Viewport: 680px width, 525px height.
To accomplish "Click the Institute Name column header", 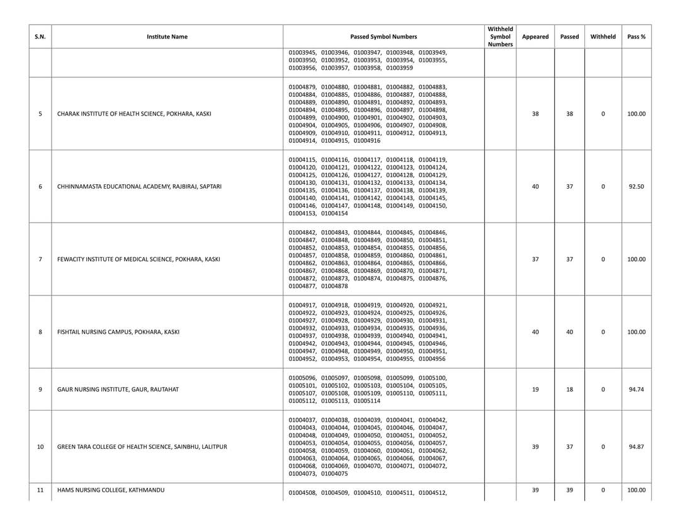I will [167, 36].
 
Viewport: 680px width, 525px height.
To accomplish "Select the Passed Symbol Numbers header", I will [383, 36].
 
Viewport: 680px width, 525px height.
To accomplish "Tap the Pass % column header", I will [636, 36].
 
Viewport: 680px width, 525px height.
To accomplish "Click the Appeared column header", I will [535, 36].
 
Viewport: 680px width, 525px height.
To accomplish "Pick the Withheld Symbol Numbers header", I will [501, 36].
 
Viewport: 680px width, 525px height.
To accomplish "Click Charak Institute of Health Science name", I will [134, 114].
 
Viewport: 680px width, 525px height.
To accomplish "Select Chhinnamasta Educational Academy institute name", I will [139, 187].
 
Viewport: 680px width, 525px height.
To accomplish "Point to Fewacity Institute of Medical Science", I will [139, 259].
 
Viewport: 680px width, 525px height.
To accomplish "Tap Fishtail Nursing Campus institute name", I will [118, 332].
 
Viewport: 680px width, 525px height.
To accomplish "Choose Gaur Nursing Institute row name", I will [118, 389].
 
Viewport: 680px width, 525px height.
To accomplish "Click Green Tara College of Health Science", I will [142, 447].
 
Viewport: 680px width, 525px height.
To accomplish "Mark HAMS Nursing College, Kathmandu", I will [111, 490].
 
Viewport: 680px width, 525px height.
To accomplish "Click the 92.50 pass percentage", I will [636, 187].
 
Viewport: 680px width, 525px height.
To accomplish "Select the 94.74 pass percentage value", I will [636, 389].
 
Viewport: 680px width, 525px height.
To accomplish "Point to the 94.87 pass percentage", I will [636, 447].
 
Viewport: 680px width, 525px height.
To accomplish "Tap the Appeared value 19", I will [535, 389].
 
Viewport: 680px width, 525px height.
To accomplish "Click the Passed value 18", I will [569, 389].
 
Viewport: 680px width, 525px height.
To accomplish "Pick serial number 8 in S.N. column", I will [40, 332].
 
